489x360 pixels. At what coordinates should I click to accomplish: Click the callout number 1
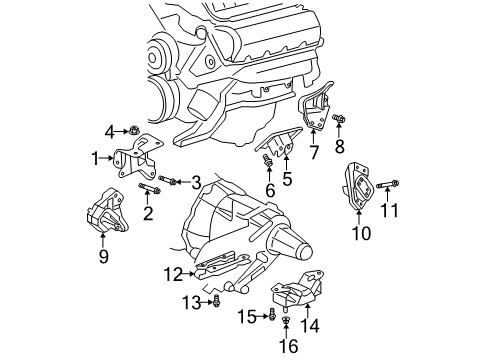[x=96, y=157]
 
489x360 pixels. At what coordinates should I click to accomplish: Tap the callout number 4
[x=109, y=129]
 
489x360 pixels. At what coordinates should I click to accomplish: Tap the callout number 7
[x=313, y=153]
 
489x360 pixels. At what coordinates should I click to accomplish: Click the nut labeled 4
[x=132, y=129]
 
